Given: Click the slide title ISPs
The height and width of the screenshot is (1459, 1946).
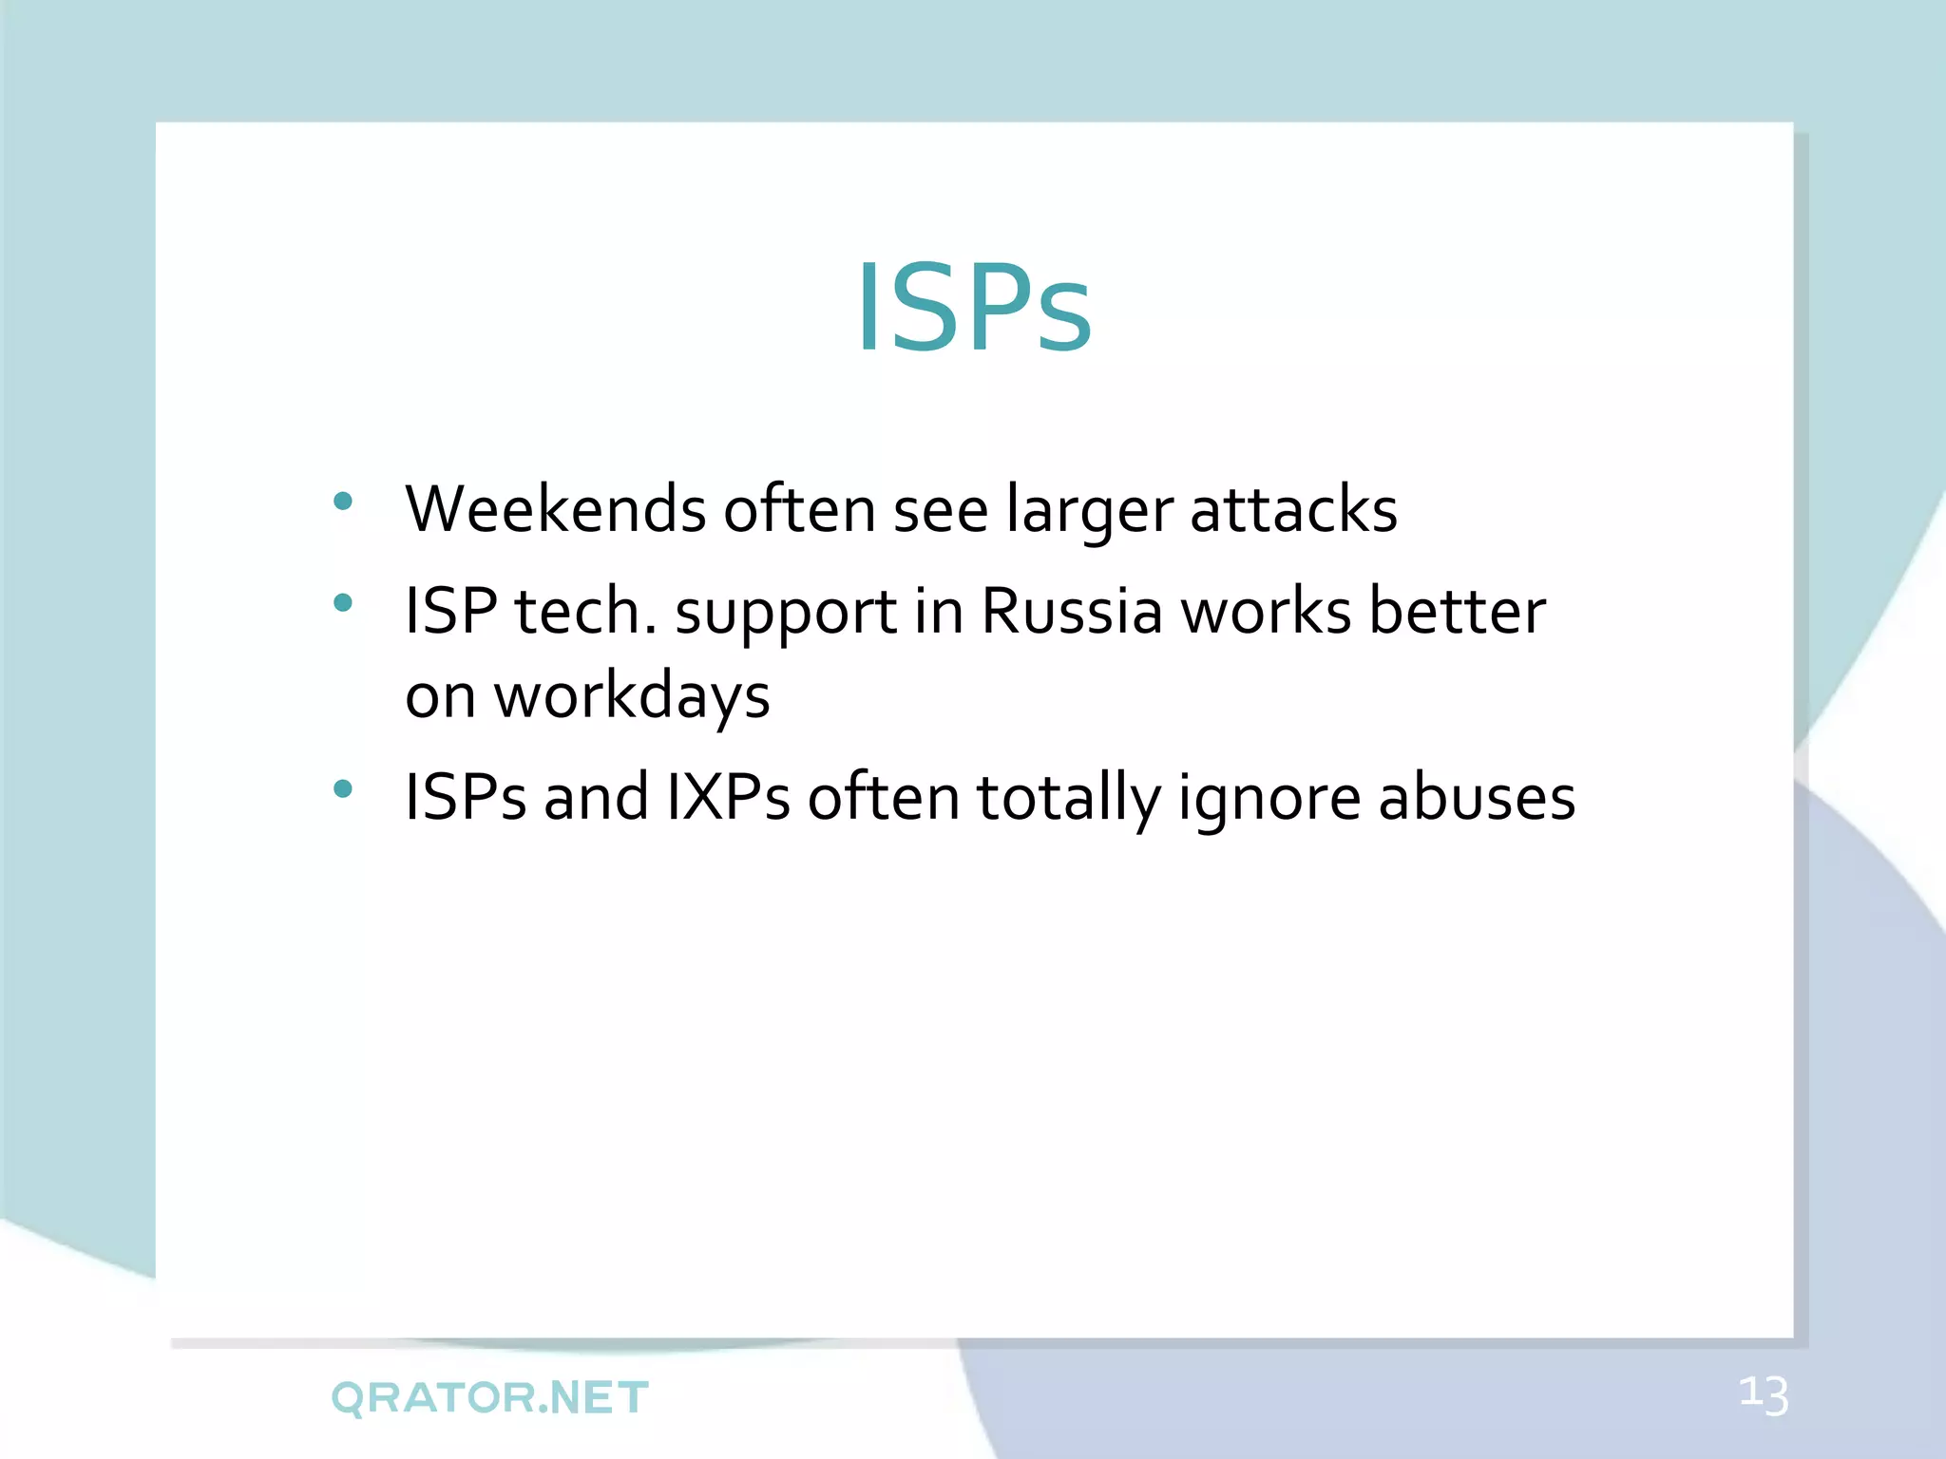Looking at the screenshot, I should (974, 309).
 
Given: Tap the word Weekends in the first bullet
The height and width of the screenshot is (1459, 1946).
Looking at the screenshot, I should (556, 509).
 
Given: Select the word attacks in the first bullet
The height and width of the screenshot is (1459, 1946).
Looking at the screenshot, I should (1293, 509).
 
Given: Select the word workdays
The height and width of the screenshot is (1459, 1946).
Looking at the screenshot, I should (632, 697).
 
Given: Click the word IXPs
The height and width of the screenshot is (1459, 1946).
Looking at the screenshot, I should (728, 797).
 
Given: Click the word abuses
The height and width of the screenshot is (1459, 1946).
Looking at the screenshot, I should (1477, 797).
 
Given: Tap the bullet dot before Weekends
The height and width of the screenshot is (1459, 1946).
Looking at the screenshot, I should (344, 502).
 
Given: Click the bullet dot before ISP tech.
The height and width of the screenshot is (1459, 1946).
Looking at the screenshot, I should (344, 602).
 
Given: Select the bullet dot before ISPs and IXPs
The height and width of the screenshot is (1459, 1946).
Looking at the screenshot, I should (344, 788).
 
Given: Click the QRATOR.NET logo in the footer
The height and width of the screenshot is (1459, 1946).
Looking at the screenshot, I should (490, 1397).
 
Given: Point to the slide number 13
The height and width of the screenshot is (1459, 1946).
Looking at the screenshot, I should (1764, 1395).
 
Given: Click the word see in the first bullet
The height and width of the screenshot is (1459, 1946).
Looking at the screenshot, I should (941, 511).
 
